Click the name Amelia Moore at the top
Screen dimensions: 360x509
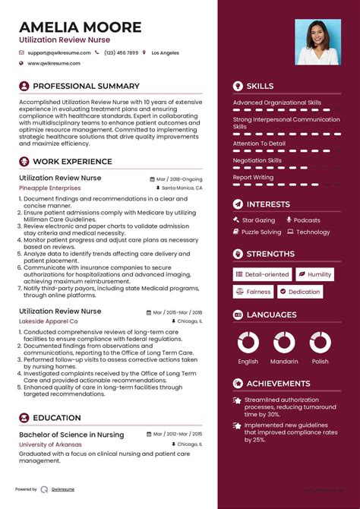point(81,27)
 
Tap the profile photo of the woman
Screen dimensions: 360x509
point(317,42)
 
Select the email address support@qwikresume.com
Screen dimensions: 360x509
point(58,53)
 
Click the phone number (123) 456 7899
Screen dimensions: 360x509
point(121,53)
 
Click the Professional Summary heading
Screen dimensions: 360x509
point(86,87)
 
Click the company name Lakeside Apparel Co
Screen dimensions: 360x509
point(49,321)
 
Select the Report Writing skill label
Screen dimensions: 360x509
point(253,177)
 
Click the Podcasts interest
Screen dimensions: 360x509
point(307,220)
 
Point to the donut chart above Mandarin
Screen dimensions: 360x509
point(284,342)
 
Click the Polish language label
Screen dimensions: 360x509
point(320,362)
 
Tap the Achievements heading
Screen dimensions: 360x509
point(278,384)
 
